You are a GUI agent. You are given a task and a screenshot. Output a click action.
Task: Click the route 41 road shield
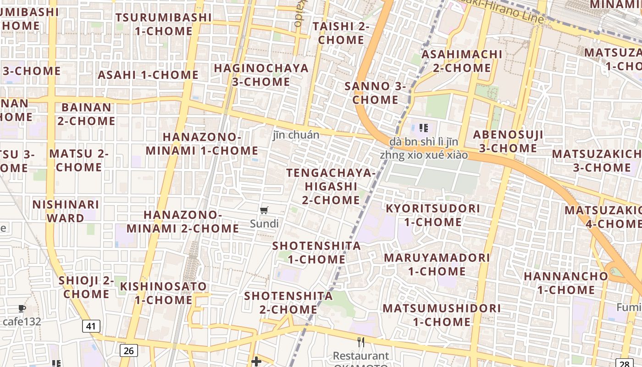(x=91, y=326)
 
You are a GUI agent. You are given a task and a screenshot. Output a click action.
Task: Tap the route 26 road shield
(x=129, y=351)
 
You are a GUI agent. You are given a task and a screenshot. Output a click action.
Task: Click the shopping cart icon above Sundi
(x=264, y=211)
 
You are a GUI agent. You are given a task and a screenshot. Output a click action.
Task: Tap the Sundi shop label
(x=264, y=224)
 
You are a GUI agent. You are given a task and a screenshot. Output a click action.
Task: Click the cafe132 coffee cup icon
(x=22, y=308)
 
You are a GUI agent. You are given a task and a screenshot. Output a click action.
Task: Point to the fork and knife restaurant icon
(x=361, y=342)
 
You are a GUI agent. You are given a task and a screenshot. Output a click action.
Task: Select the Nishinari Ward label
(x=65, y=211)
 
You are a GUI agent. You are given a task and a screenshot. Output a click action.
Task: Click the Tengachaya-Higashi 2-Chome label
(x=331, y=186)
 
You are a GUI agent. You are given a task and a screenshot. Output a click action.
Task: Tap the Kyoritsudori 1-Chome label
(x=432, y=215)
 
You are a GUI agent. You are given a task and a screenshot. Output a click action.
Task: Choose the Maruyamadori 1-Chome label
(x=437, y=264)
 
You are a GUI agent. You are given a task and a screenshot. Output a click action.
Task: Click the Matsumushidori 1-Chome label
(x=442, y=315)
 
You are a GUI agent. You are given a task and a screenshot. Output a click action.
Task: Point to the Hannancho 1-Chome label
(x=565, y=283)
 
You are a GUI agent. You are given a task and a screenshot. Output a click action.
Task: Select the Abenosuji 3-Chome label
(x=508, y=141)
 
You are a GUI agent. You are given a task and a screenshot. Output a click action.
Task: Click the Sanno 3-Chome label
(x=375, y=93)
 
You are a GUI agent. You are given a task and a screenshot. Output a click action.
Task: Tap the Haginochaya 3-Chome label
(x=261, y=75)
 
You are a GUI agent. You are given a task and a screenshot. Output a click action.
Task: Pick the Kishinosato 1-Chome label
(x=163, y=293)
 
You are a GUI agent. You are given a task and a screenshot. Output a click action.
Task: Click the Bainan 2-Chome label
(x=86, y=114)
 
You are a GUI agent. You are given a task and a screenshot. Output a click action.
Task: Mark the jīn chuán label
(x=296, y=135)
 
